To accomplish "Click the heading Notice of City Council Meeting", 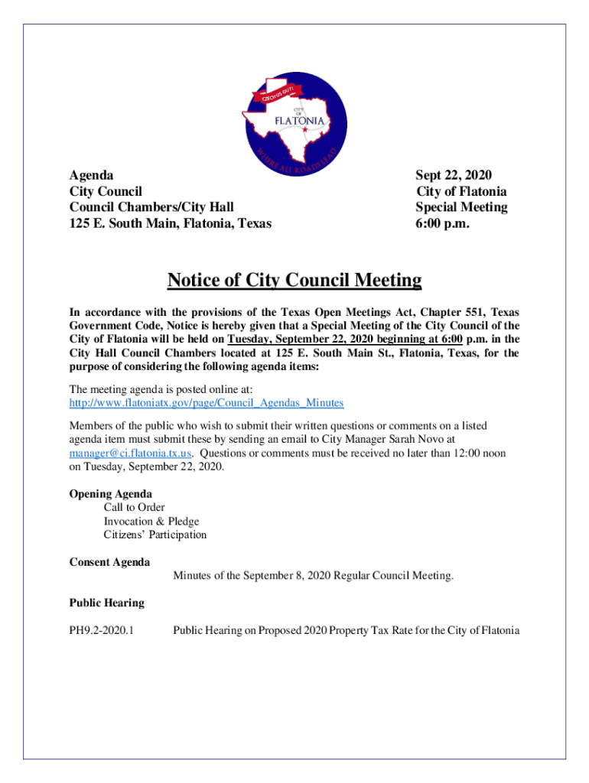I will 294,281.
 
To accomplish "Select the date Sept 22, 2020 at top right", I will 454,175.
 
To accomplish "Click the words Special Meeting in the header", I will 461,207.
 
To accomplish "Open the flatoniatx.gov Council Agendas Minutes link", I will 207,402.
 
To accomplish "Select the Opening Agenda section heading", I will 111,494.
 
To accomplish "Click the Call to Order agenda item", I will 134,508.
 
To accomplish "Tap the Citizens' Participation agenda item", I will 155,535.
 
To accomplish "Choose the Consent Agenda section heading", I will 109,563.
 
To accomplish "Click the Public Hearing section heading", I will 107,603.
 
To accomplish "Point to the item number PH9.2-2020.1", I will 107,631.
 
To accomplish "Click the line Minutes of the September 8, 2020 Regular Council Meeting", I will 313,576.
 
